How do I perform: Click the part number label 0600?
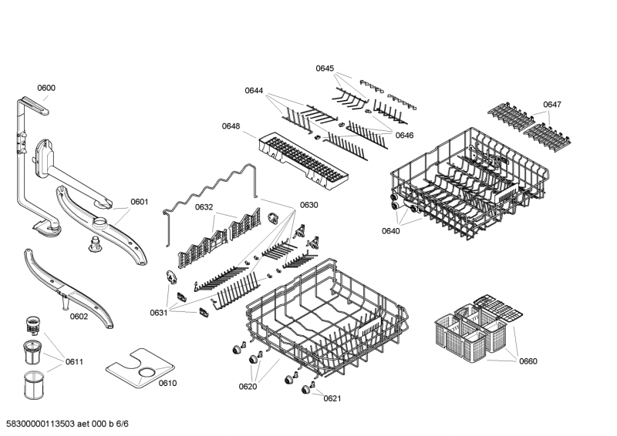46,88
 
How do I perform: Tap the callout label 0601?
139,203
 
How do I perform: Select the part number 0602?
79,317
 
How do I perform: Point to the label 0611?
74,361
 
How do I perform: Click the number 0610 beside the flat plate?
167,383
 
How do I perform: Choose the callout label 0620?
248,387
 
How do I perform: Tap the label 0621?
332,398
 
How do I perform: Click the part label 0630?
308,205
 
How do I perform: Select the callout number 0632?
204,207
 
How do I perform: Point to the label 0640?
391,230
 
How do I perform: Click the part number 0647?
551,104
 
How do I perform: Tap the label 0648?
231,126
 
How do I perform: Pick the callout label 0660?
528,361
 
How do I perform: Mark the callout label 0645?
325,69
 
